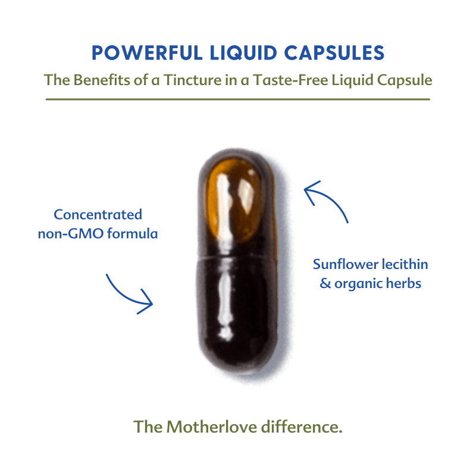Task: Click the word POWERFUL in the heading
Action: pos(147,53)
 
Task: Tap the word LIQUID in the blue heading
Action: pos(243,54)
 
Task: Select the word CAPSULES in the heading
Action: pos(334,53)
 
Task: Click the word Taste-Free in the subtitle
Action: pos(290,80)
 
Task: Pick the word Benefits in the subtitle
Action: pos(102,80)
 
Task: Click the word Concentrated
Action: pos(98,215)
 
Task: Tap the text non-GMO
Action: pos(71,234)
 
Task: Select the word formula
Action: pos(133,233)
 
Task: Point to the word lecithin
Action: pos(405,264)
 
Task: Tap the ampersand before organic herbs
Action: pos(325,284)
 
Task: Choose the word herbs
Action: pos(404,283)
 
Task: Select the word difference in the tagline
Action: pos(302,427)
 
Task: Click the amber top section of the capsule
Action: pos(233,201)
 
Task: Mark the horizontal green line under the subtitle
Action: pos(238,99)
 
